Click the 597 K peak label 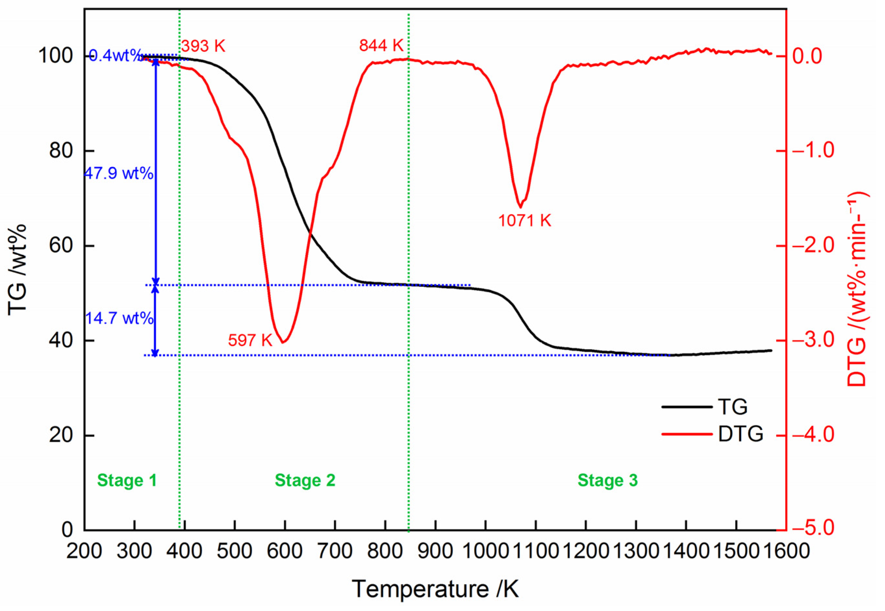pos(250,340)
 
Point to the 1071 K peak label pos(524,221)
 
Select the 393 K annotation pos(203,46)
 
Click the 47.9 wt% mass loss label pos(119,174)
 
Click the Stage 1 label pos(127,480)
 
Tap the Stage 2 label pos(305,480)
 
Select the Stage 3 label pos(607,480)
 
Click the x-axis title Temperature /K pos(435,588)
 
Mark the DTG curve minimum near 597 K pos(283,342)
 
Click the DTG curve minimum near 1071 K pos(520,207)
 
